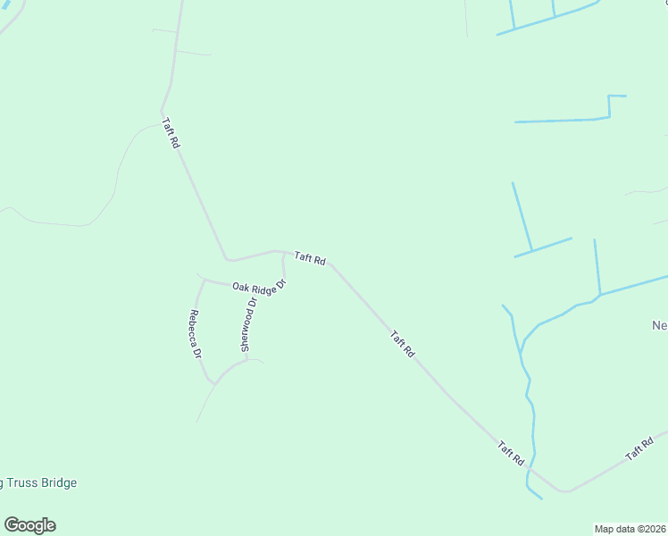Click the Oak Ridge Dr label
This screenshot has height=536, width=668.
point(259,287)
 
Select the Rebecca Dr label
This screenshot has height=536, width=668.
point(195,333)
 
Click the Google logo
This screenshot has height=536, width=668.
point(29,525)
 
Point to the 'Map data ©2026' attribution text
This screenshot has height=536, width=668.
point(630,529)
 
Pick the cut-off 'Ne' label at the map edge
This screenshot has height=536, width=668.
point(659,325)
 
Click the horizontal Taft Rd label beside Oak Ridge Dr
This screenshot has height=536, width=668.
point(310,258)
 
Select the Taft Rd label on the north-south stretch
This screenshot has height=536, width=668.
point(171,133)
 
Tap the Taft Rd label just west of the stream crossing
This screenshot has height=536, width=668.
point(511,453)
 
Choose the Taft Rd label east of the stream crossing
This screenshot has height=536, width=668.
point(639,449)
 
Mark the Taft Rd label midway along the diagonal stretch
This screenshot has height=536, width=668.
point(403,344)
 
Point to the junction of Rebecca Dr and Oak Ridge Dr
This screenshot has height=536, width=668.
point(205,280)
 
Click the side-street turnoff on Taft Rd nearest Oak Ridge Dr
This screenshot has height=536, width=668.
point(283,253)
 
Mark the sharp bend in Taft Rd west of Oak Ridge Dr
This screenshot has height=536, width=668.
point(228,260)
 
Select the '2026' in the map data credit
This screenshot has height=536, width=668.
point(654,529)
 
